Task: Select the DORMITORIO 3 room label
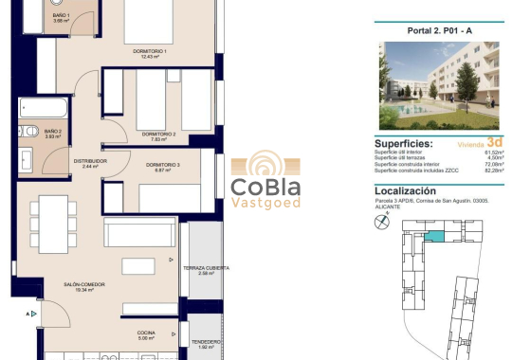(162, 167)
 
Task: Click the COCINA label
(145, 333)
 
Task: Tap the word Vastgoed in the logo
(265, 203)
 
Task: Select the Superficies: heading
(404, 144)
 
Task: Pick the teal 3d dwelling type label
(496, 143)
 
